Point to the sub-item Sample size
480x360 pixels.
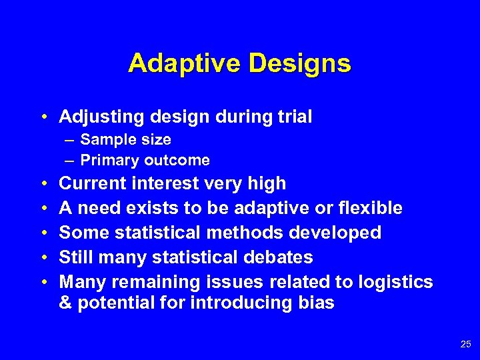[x=125, y=140]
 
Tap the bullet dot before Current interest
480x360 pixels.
[x=43, y=183]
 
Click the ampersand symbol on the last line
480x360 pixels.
[x=65, y=303]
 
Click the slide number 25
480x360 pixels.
[x=465, y=344]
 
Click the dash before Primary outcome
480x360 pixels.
[x=70, y=161]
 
